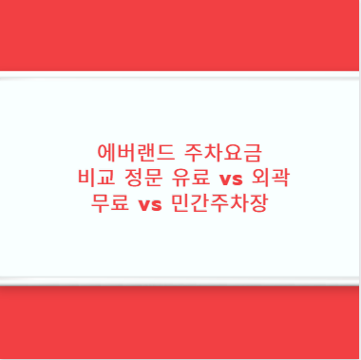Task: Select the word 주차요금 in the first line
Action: coord(223,152)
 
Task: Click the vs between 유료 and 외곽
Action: coord(231,179)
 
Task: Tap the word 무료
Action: coord(109,203)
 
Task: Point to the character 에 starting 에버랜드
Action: coord(104,152)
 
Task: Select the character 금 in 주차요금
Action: coord(255,152)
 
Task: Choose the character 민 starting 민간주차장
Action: coord(180,203)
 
